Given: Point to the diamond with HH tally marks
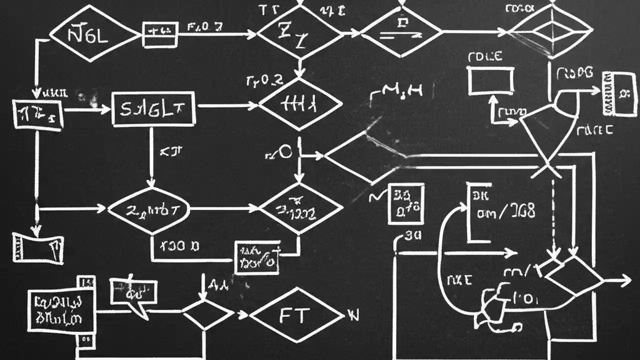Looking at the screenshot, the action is click(300, 104).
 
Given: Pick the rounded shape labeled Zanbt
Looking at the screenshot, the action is click(148, 210).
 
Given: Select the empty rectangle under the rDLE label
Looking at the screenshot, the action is click(490, 81).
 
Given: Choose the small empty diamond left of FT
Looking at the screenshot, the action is click(206, 315).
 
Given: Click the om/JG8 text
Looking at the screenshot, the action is click(505, 212).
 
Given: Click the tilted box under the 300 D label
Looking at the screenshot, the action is click(257, 257).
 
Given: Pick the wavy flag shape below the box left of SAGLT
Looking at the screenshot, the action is click(37, 248).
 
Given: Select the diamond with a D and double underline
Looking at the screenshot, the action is click(401, 31).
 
